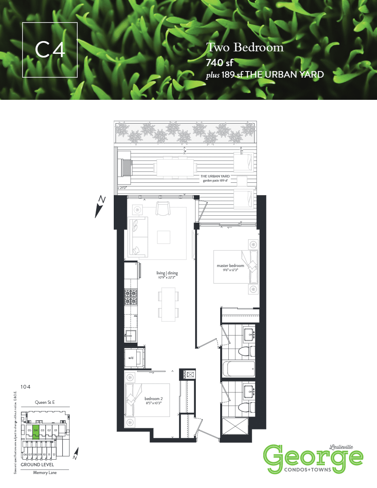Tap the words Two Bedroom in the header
[x=245, y=48]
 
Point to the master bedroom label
[x=233, y=266]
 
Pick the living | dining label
[x=167, y=273]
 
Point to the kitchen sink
[x=131, y=334]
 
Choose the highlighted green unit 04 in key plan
[x=36, y=430]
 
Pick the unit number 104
[x=26, y=387]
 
